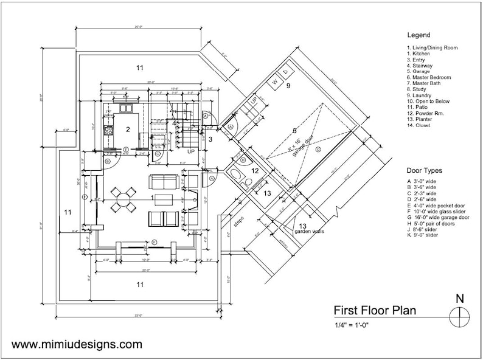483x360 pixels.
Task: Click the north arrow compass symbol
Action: (460, 316)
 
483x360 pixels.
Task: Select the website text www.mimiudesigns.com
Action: (77, 345)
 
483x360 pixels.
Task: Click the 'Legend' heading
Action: (419, 35)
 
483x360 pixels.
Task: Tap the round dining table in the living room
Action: (123, 199)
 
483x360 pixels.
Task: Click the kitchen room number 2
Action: (128, 129)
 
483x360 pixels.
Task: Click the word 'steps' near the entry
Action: (238, 220)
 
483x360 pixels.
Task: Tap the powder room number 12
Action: (256, 171)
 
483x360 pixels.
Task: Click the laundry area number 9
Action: (288, 86)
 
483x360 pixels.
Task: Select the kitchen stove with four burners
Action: (109, 130)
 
